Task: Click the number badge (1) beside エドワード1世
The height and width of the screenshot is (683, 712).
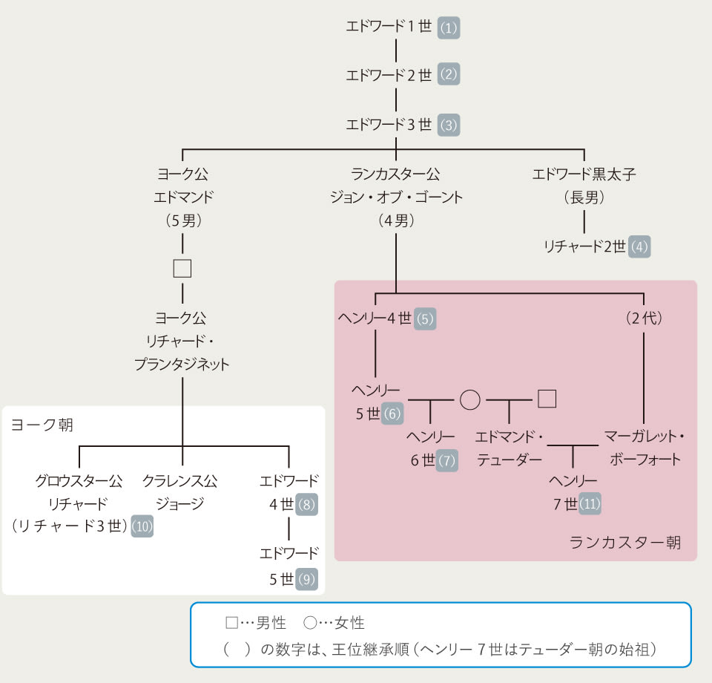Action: click(449, 27)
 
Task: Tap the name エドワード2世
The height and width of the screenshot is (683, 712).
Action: click(389, 75)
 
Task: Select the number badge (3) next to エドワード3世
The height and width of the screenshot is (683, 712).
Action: click(449, 124)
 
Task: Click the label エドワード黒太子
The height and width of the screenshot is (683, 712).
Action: click(584, 175)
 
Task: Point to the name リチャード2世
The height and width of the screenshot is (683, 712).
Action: click(584, 246)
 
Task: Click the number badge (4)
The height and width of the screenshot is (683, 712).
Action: click(639, 246)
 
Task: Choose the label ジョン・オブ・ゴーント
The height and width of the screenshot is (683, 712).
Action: click(396, 197)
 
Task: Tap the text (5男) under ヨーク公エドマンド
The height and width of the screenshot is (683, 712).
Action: click(182, 220)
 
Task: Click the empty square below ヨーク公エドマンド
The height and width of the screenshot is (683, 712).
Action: click(182, 268)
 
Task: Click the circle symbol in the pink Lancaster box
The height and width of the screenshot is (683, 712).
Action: click(469, 399)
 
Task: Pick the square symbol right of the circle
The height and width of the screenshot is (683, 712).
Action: click(547, 399)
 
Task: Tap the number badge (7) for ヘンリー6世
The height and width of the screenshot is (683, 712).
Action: click(446, 460)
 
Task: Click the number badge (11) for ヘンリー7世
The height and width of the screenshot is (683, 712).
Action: click(590, 504)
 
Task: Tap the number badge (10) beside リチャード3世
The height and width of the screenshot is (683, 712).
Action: click(142, 526)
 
